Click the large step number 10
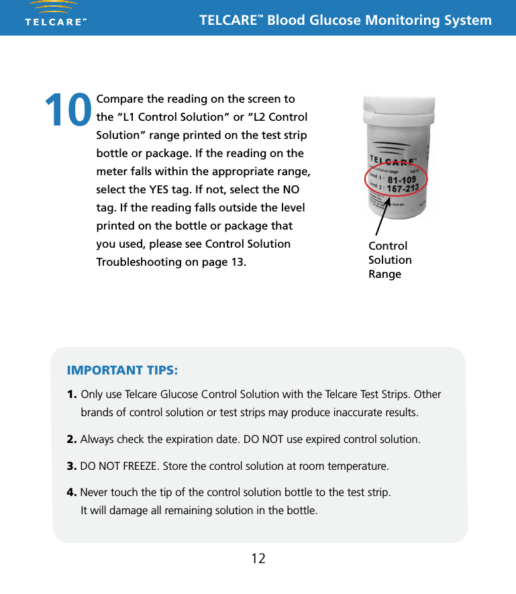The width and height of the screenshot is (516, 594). [x=68, y=110]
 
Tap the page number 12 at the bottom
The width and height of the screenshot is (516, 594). [x=258, y=558]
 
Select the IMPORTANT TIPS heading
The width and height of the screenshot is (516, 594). [x=122, y=370]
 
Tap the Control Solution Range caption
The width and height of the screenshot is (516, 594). [x=390, y=260]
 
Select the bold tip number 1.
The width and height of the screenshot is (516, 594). [x=72, y=393]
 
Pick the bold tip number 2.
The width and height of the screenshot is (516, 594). [x=72, y=440]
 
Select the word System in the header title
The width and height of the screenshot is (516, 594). [x=467, y=20]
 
